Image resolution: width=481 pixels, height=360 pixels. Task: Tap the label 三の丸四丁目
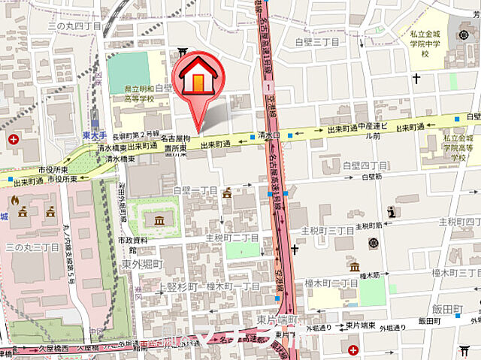[x=74, y=26]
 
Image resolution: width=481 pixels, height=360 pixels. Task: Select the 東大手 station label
[x=92, y=135]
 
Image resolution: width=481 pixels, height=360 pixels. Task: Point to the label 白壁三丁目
[x=316, y=42]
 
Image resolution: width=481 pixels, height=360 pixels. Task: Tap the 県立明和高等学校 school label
[x=140, y=93]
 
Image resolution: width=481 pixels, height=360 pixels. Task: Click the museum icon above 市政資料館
[x=159, y=220]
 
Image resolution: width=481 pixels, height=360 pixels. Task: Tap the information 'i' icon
[x=392, y=211]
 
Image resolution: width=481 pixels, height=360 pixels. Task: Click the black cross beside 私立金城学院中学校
[x=416, y=78]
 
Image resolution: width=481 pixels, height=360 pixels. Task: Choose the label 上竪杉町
[x=180, y=287]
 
